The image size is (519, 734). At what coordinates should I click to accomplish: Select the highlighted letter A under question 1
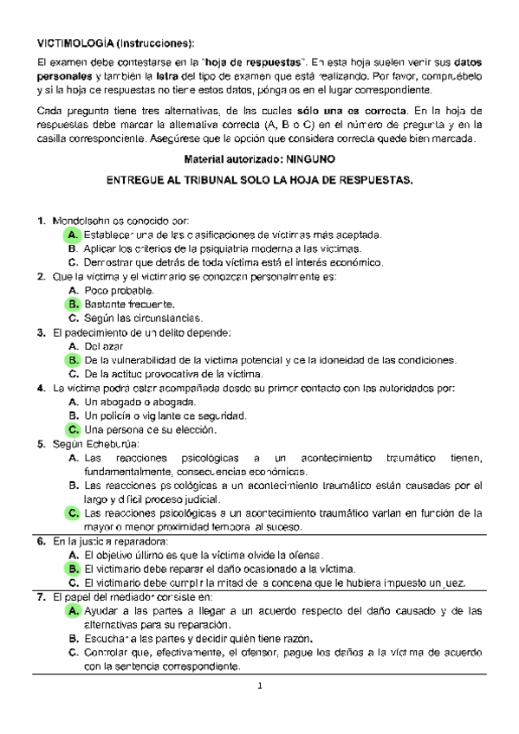[73, 235]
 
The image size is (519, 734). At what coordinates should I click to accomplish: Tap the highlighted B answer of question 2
[73, 304]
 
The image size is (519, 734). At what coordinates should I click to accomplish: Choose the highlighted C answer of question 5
[73, 513]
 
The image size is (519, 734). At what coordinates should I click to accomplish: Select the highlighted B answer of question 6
[73, 569]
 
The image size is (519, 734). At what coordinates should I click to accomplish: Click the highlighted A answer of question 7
[73, 611]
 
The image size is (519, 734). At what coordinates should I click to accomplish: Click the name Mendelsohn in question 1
[83, 221]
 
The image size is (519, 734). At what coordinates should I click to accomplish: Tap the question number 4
[41, 388]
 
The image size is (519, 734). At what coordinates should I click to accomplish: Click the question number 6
[41, 541]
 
